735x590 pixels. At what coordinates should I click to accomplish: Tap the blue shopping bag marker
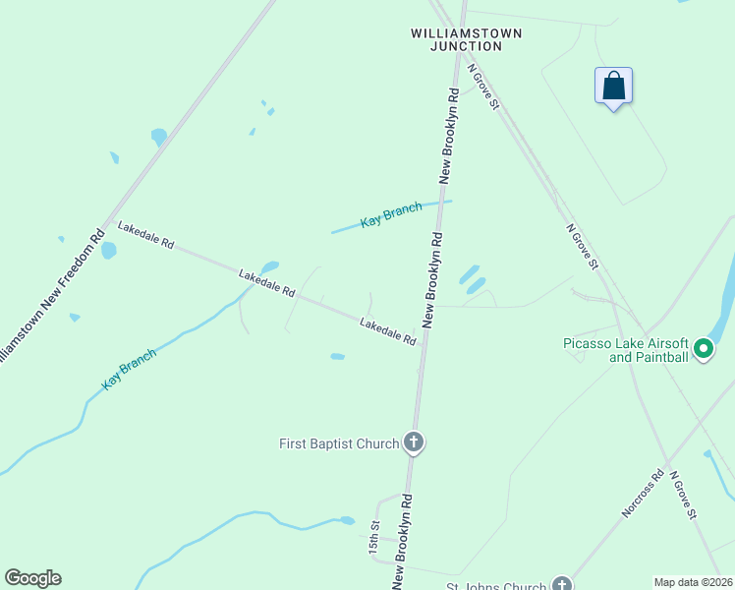point(613,86)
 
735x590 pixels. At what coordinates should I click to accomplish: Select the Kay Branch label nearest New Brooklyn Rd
point(391,214)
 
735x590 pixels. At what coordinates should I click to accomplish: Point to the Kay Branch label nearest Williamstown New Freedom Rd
point(130,369)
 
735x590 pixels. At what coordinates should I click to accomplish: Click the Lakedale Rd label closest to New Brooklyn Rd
point(387,331)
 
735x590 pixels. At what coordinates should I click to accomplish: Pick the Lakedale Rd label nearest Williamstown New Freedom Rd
point(145,235)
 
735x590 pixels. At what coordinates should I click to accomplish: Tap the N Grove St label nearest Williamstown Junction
point(483,88)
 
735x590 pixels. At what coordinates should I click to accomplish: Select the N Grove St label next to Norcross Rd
point(683,495)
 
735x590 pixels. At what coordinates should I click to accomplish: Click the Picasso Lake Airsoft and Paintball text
point(625,350)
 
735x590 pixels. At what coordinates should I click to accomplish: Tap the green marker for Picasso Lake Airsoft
point(704,348)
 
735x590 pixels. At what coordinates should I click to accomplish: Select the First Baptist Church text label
point(339,443)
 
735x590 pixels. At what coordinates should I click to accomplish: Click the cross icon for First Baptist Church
point(414,442)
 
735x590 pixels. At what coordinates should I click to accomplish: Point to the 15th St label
point(374,538)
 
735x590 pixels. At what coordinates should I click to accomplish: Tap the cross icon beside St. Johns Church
point(561,584)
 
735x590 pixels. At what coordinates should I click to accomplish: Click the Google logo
point(32,578)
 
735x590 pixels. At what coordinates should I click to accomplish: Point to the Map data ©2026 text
point(693,582)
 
